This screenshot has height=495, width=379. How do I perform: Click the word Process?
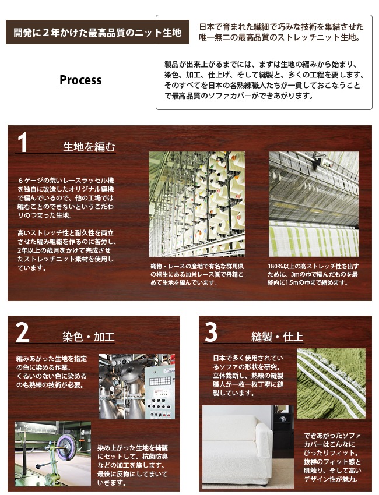tap(80, 80)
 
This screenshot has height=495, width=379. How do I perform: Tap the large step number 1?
tap(22, 143)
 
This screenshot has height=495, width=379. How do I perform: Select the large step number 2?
tap(22, 333)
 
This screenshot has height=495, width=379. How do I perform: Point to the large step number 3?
tap(211, 333)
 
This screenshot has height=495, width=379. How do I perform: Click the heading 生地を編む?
tap(89, 147)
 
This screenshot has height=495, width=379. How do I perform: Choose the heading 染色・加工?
tap(89, 337)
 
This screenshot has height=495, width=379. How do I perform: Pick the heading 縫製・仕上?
tap(277, 337)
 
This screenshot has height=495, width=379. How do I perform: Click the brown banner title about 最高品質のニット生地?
tap(98, 32)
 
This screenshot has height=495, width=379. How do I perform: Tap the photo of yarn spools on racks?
tap(196, 204)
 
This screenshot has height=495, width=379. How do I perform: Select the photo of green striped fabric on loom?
tap(314, 204)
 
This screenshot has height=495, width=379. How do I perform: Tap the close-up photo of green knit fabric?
tap(331, 384)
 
